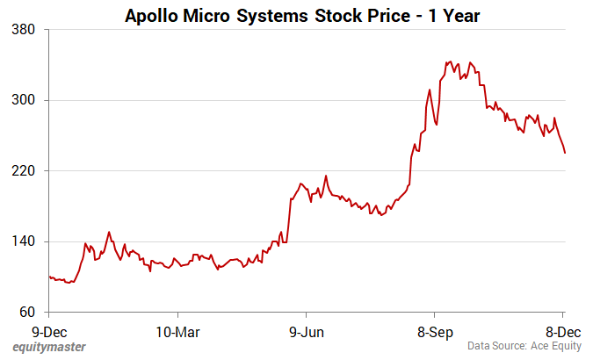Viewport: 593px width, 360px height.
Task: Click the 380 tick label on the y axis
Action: pyautogui.click(x=24, y=29)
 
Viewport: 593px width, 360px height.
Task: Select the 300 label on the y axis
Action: pyautogui.click(x=24, y=100)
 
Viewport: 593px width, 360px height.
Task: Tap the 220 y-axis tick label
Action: pyautogui.click(x=24, y=170)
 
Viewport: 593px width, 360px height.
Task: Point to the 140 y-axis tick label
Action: pyautogui.click(x=24, y=241)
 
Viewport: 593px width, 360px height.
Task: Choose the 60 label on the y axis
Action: pyautogui.click(x=27, y=312)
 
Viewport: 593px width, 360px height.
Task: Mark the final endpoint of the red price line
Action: pyautogui.click(x=565, y=153)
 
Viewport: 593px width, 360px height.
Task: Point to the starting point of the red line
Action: pyautogui.click(x=49, y=277)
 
